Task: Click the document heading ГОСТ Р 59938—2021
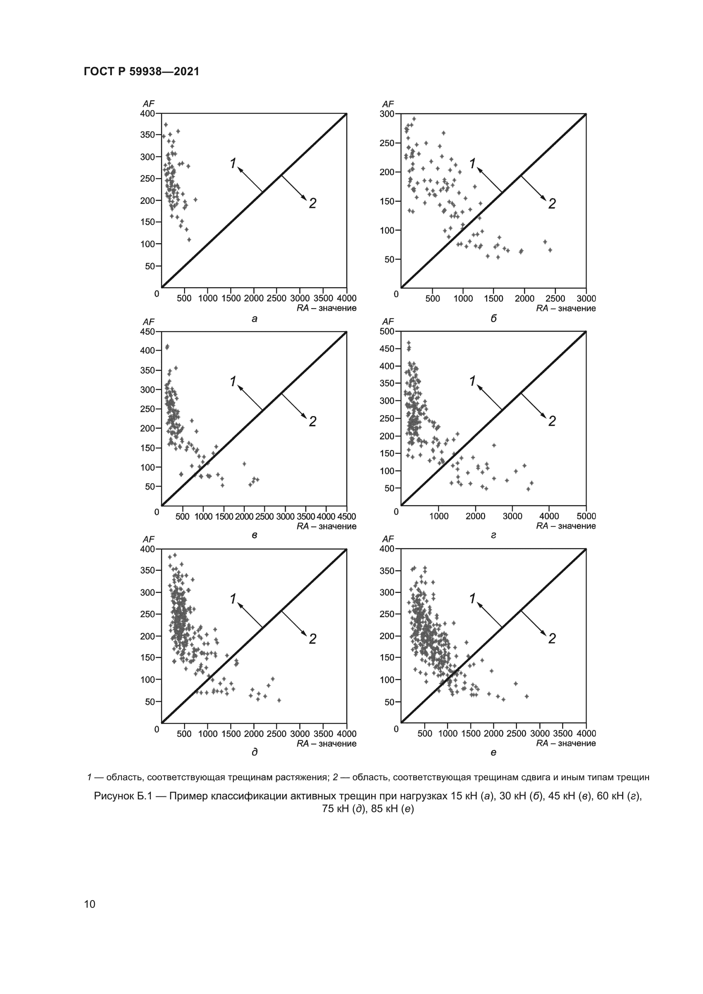142,71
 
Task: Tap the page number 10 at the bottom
90,904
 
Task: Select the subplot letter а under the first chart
255,319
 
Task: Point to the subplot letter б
493,319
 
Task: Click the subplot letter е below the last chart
493,753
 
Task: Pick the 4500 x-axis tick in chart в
346,516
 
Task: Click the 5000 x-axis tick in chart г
586,516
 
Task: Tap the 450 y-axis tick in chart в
147,331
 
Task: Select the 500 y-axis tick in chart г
387,331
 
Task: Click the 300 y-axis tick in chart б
387,114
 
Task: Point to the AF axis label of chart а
148,104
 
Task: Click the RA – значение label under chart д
326,743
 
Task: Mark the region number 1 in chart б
472,164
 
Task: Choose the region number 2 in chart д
312,639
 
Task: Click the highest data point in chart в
167,346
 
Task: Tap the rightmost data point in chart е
527,697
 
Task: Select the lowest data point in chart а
189,239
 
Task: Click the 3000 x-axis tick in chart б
586,299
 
